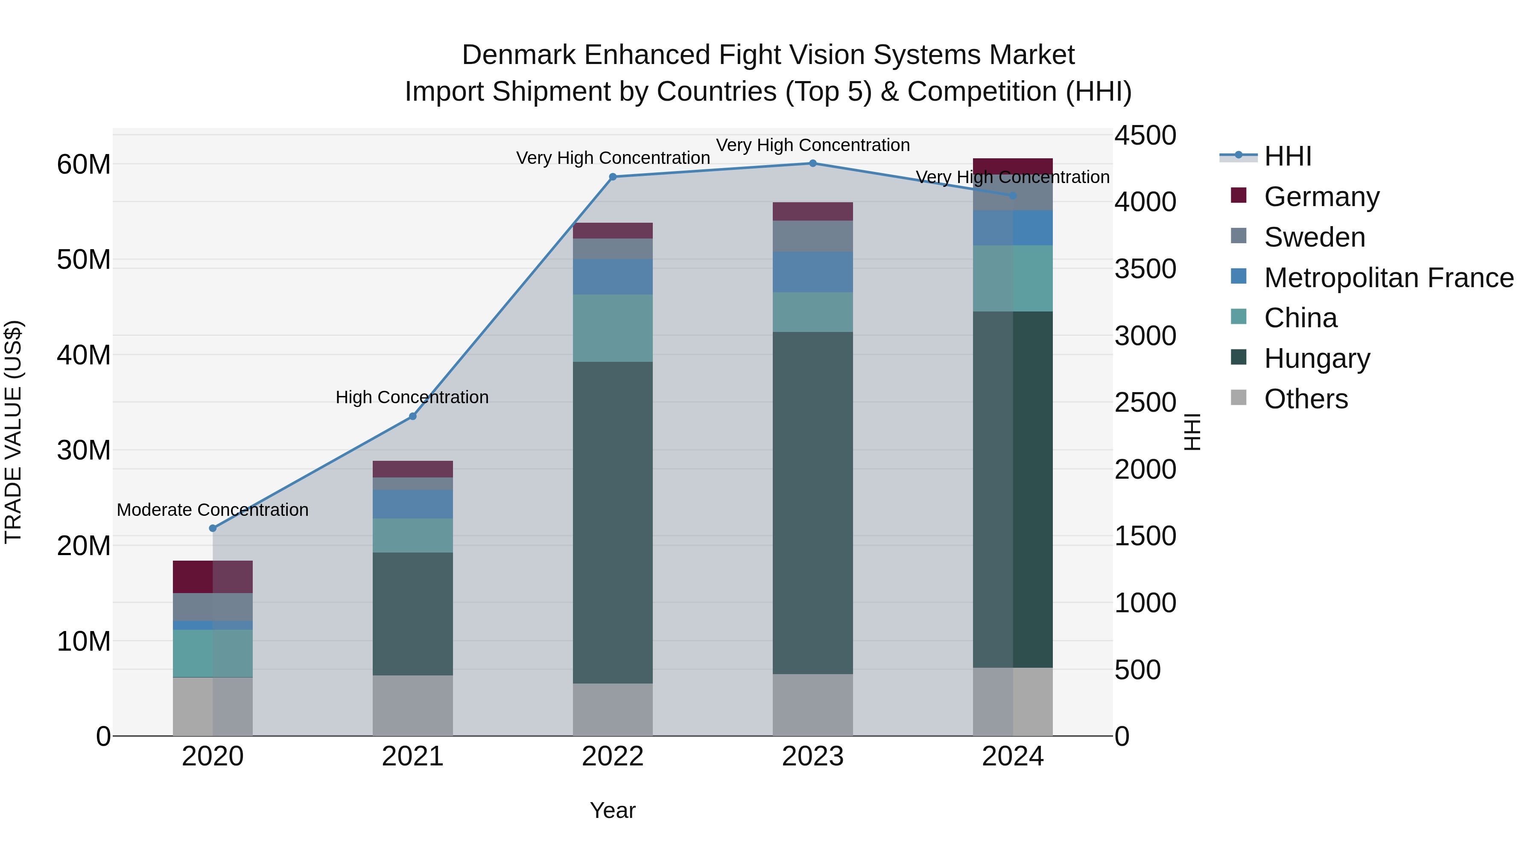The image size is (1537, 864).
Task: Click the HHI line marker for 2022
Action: click(x=613, y=177)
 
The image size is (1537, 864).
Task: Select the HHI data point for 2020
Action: click(x=213, y=528)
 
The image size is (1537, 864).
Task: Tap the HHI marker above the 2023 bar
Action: click(x=812, y=163)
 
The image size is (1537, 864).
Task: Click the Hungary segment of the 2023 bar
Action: click(x=812, y=503)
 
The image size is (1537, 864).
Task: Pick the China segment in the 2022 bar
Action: click(x=613, y=328)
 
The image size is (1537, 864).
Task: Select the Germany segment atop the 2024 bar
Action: click(x=1013, y=166)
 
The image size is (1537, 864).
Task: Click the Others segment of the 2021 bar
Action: click(x=412, y=705)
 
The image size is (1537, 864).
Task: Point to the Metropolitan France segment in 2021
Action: click(x=412, y=504)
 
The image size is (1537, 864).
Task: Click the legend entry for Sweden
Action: click(x=1315, y=237)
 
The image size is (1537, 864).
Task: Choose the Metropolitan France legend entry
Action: click(x=1388, y=278)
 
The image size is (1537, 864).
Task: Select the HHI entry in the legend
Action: click(x=1288, y=156)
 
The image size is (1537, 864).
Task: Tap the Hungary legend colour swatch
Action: click(x=1239, y=358)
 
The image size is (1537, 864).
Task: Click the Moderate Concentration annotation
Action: click(x=213, y=510)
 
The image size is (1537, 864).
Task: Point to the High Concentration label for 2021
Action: click(x=412, y=398)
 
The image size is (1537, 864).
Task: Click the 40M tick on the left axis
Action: click(x=84, y=355)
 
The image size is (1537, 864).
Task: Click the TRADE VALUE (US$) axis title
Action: click(x=14, y=432)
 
